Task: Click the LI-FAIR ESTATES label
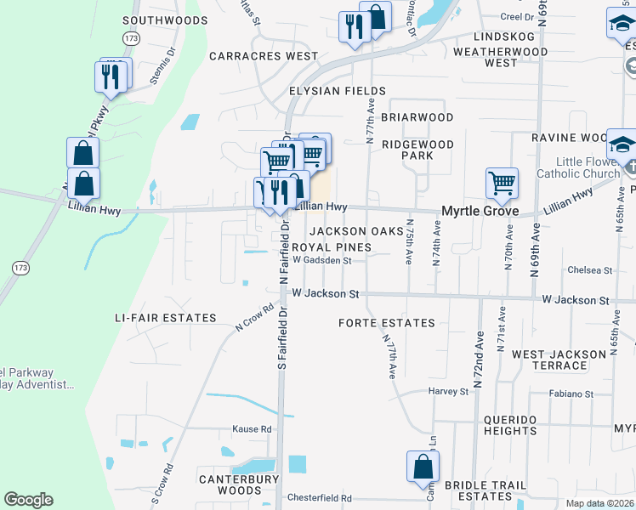(166, 318)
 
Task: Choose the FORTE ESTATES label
(387, 323)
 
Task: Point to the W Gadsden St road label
(321, 261)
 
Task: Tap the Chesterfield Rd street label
(320, 498)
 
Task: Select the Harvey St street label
(448, 392)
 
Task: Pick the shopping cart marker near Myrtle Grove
(502, 182)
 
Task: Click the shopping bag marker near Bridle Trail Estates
(423, 467)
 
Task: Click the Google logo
(28, 500)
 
